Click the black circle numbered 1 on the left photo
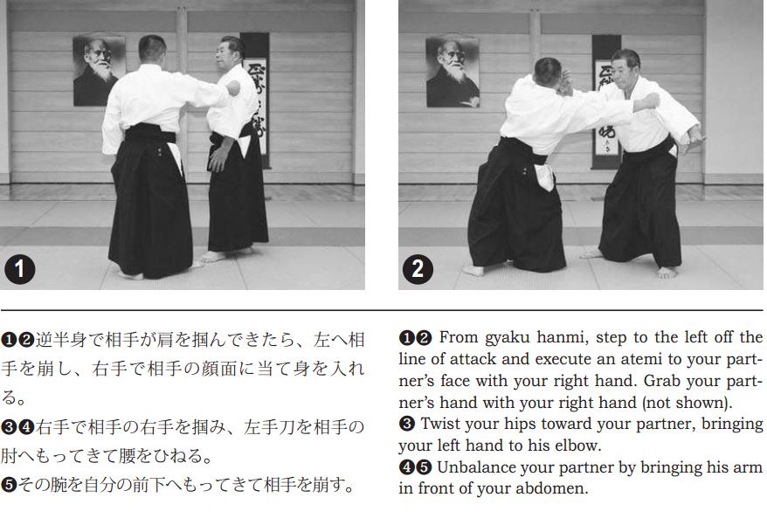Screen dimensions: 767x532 click(x=19, y=269)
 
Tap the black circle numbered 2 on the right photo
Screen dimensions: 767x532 click(x=418, y=269)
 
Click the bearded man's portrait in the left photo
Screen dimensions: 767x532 click(x=99, y=71)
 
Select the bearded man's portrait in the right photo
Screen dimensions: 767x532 click(x=453, y=72)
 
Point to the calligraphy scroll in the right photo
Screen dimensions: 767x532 click(x=606, y=101)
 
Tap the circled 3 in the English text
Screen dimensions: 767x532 click(x=406, y=424)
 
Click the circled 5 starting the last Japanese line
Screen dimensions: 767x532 click(x=9, y=485)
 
